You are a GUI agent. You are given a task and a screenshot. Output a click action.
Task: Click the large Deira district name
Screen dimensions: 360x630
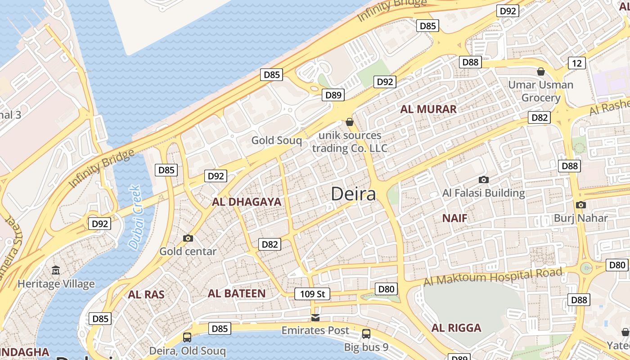353,194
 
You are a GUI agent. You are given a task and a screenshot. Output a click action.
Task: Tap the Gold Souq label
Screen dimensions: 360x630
276,140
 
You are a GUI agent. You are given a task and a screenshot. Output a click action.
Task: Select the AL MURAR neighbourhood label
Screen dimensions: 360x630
428,109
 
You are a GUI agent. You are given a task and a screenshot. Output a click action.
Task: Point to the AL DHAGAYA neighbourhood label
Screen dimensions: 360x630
247,202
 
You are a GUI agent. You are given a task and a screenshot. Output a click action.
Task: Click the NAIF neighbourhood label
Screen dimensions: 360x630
454,218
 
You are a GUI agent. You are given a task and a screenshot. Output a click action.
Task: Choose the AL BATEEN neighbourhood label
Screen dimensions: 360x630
237,294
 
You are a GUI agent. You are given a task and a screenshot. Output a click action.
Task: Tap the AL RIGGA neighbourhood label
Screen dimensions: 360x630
456,328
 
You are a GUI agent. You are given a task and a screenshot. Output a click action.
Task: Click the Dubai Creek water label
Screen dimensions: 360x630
135,217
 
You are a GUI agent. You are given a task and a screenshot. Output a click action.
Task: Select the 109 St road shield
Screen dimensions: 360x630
312,294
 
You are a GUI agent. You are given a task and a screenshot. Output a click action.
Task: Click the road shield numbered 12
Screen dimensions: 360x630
577,63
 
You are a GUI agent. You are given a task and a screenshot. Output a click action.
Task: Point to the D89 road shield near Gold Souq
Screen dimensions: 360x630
333,95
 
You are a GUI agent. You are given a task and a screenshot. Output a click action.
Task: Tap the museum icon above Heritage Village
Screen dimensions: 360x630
56,270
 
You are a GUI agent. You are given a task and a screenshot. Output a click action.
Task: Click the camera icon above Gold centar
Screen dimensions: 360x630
188,238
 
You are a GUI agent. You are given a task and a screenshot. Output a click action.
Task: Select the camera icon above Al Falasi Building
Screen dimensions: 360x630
484,180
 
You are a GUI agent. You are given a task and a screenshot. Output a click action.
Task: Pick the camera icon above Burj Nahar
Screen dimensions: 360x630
580,205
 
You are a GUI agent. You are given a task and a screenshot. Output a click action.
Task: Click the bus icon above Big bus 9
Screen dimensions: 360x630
366,334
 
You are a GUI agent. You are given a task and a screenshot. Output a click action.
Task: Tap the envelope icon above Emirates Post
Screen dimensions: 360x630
315,318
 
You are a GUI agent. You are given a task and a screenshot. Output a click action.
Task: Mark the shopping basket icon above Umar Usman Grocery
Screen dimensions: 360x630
541,72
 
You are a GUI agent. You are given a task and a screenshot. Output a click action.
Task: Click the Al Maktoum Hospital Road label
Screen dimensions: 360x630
493,277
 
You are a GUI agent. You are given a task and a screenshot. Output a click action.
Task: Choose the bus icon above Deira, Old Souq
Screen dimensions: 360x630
187,337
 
